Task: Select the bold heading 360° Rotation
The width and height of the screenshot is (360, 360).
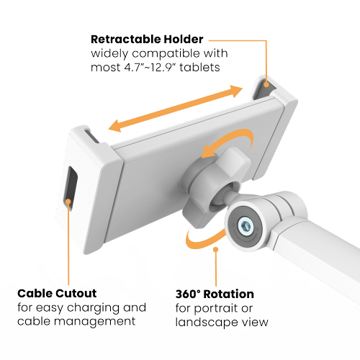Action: pyautogui.click(x=214, y=294)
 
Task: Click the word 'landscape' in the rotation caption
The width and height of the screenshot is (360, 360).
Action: pyautogui.click(x=202, y=321)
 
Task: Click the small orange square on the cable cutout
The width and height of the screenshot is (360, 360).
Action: pyautogui.click(x=68, y=204)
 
